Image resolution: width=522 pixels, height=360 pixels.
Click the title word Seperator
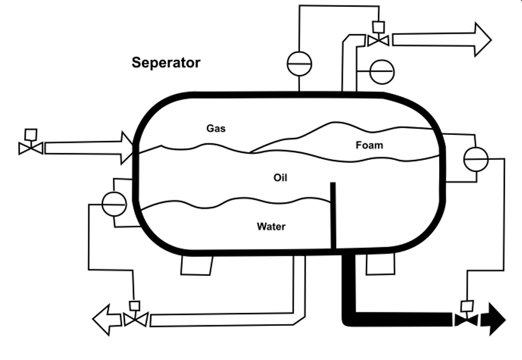166,63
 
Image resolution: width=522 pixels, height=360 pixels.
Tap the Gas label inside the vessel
216,129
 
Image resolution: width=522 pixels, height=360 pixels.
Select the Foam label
370,145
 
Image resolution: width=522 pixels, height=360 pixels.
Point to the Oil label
281,178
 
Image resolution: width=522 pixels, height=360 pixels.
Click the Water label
271,227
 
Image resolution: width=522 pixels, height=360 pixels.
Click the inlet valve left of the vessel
30,147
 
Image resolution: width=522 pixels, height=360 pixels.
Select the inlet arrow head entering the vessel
127,148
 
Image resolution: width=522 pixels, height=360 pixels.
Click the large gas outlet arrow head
482,40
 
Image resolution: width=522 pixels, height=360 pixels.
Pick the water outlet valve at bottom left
135,319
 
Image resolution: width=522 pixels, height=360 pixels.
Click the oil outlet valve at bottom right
467,319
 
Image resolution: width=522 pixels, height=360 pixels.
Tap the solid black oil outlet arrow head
494,319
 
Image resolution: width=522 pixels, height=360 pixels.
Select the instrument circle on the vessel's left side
114,204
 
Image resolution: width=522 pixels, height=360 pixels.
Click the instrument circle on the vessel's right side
476,159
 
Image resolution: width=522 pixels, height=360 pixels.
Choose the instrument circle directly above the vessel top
299,63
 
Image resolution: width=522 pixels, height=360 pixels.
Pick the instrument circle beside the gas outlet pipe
382,72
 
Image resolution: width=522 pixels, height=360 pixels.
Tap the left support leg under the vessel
197,265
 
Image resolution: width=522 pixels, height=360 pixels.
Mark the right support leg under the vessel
381,264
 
